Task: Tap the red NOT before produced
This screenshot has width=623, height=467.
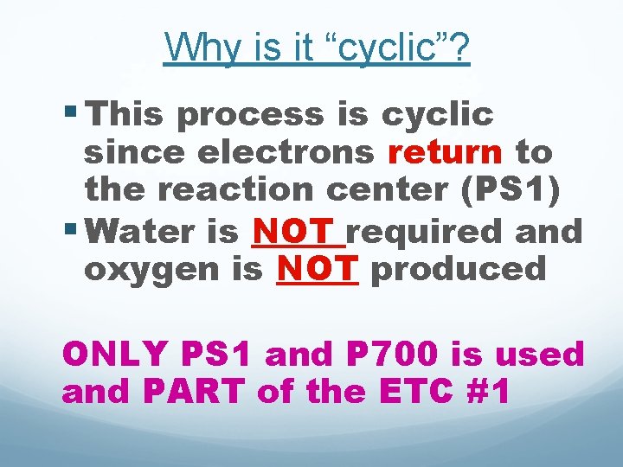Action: click(x=316, y=269)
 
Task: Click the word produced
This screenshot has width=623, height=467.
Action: click(x=459, y=269)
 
